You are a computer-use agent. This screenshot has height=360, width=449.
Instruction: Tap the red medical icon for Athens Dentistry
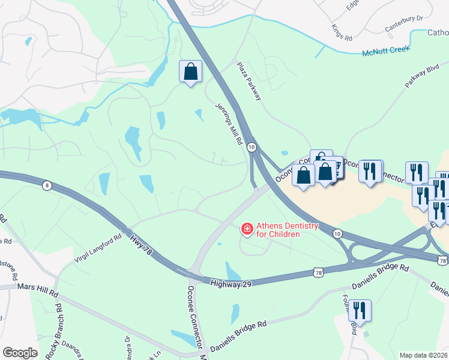tap(246, 229)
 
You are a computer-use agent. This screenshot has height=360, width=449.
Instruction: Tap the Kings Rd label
tap(342, 32)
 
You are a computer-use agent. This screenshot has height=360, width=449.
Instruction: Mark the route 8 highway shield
tap(47, 185)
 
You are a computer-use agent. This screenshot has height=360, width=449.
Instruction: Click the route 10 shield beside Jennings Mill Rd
tap(252, 146)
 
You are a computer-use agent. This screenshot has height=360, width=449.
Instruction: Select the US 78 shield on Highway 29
tap(318, 273)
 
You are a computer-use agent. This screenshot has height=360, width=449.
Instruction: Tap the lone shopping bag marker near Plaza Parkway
tap(190, 71)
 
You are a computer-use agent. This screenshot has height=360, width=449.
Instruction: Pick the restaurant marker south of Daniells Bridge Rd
tap(359, 310)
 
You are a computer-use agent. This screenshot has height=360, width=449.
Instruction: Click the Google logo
tap(20, 353)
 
